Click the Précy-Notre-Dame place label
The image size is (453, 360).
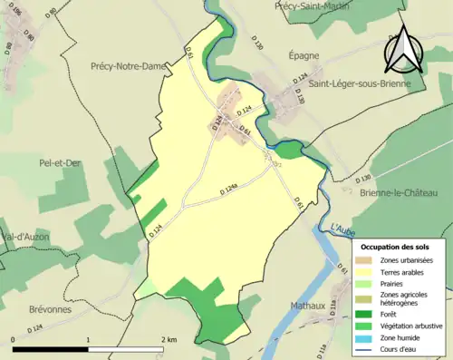(x=128, y=65)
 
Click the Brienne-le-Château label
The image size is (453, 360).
(x=401, y=194)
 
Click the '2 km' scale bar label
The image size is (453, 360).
(x=169, y=339)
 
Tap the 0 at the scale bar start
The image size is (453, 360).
(x=13, y=339)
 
